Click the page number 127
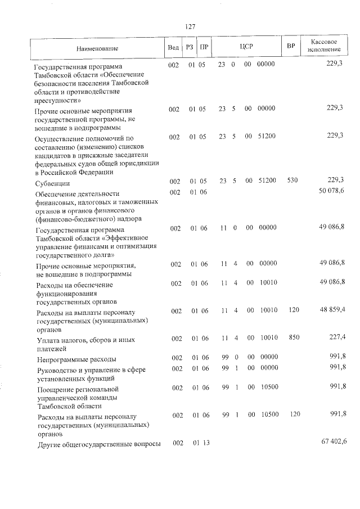(x=190, y=27)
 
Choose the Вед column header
(x=173, y=47)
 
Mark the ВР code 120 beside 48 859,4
(x=291, y=310)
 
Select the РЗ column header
(x=190, y=47)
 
